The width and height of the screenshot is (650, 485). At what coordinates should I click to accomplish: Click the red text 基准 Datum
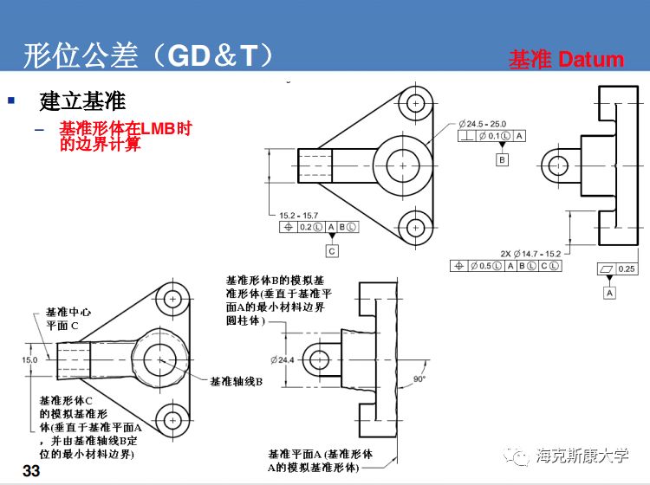[566, 60]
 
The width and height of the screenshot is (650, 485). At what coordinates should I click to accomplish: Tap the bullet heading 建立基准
[83, 101]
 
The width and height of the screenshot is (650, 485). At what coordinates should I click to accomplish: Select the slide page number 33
[31, 470]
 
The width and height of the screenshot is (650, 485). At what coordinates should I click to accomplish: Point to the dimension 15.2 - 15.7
[298, 215]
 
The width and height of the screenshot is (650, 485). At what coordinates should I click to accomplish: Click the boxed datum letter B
[502, 160]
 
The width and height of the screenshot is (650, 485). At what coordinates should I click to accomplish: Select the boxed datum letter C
[332, 250]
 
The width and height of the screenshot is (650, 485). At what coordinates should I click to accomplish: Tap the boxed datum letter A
[610, 294]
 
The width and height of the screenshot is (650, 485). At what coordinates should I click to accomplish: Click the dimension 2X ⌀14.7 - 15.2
[530, 253]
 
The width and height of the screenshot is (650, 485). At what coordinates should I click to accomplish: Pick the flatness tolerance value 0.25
[626, 268]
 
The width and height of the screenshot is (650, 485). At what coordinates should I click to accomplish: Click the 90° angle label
[420, 379]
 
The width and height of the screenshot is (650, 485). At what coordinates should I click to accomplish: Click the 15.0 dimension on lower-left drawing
[30, 359]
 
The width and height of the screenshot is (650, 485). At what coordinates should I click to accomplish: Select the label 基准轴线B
[236, 380]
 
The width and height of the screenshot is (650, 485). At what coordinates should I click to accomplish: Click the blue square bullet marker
[11, 100]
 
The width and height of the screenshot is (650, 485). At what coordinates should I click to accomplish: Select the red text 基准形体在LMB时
[125, 129]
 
